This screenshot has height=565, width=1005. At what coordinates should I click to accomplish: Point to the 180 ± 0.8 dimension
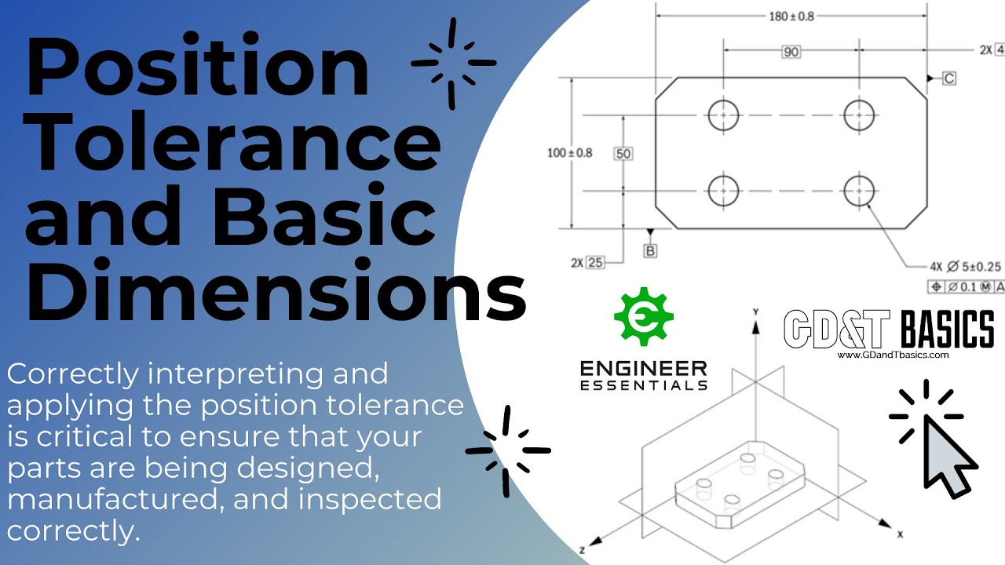point(791,15)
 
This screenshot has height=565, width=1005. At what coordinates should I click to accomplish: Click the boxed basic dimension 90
point(791,52)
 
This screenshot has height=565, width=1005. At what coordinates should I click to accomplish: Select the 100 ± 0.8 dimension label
point(569,153)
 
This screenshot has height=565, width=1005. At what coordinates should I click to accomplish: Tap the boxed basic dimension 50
point(623,154)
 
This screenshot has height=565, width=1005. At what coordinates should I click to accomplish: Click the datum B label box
point(650,250)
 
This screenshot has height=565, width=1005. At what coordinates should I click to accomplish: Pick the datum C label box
point(948,78)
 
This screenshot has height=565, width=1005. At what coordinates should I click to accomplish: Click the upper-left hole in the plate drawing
point(723,115)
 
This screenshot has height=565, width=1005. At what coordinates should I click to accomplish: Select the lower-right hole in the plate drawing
point(860,190)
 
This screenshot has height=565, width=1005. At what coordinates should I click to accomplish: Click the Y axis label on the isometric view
point(755,312)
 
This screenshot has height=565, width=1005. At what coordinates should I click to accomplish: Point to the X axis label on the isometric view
point(900,534)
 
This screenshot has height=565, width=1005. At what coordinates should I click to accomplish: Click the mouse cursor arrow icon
point(947,457)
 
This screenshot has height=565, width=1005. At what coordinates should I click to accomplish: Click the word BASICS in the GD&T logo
point(946,329)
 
